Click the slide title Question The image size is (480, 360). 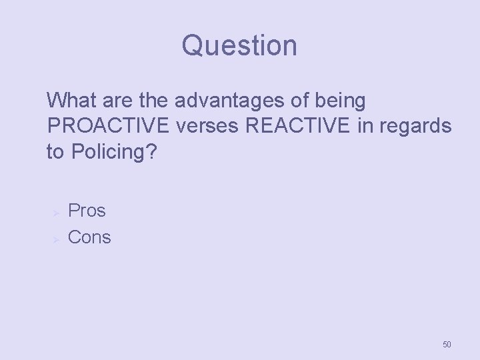click(x=239, y=46)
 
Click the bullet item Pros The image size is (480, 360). click(x=87, y=211)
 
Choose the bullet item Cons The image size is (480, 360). click(x=90, y=237)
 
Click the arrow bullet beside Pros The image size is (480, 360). click(x=57, y=212)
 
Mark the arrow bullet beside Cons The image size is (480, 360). click(x=57, y=238)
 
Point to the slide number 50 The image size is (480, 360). click(x=447, y=345)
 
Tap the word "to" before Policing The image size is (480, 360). click(x=55, y=153)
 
